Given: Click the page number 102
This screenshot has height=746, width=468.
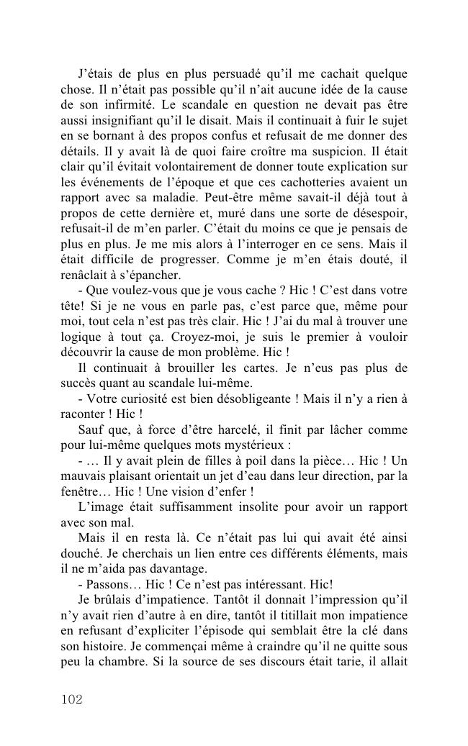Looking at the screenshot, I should [x=72, y=699].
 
